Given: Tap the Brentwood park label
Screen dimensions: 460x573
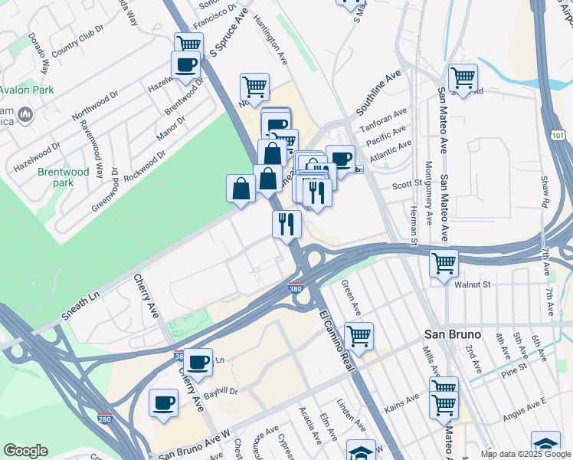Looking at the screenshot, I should tap(64, 178).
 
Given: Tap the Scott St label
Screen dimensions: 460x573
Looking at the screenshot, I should tap(407, 184).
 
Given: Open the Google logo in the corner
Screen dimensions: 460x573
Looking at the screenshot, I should tap(25, 451).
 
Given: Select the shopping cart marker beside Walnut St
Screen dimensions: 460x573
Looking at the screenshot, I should tap(444, 264).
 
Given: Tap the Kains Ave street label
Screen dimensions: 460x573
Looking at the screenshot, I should tap(401, 402).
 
